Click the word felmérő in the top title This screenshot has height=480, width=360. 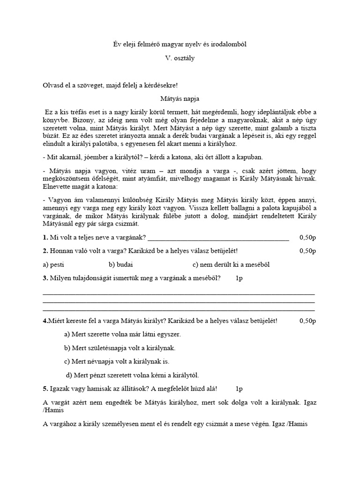[x=160, y=44]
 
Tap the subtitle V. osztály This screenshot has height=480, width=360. [x=180, y=59]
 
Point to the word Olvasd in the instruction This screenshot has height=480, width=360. [x=53, y=85]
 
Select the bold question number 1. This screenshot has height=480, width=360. [x=45, y=238]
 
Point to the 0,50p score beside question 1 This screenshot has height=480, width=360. [x=307, y=238]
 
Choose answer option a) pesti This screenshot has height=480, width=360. [x=53, y=264]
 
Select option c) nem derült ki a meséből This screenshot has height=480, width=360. [x=231, y=264]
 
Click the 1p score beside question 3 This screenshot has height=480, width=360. [x=239, y=278]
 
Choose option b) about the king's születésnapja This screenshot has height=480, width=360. [x=120, y=348]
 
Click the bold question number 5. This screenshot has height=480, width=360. [x=45, y=389]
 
